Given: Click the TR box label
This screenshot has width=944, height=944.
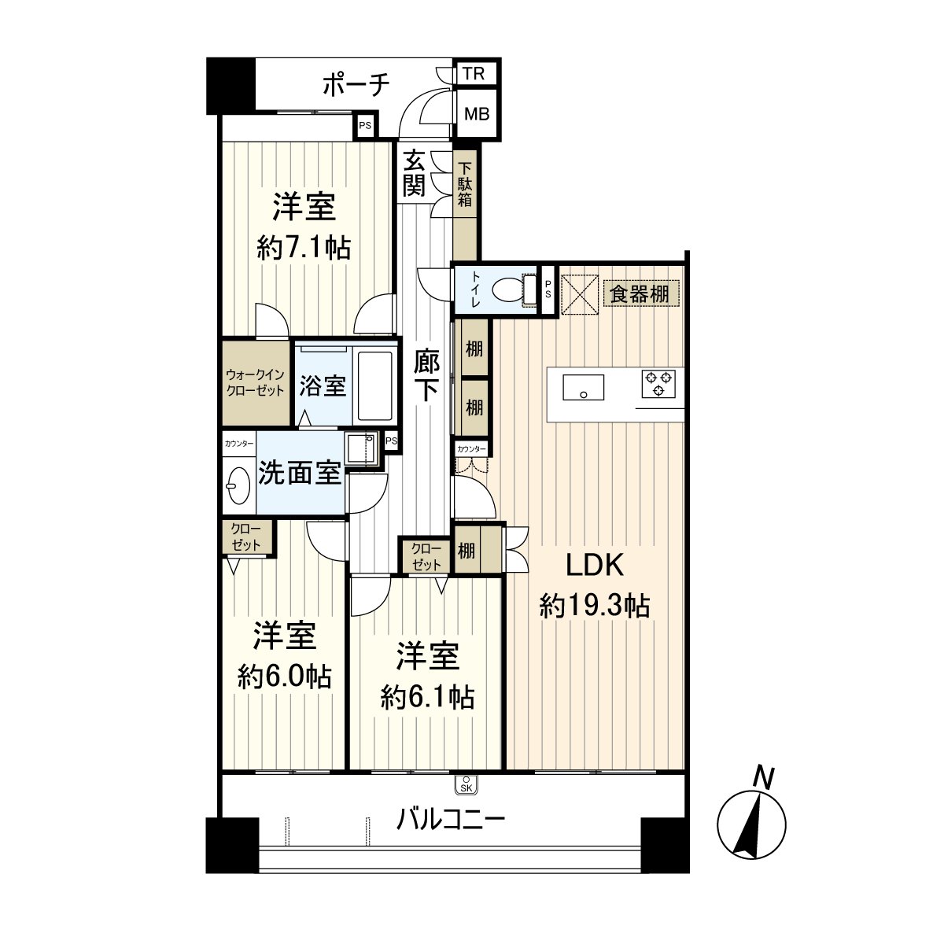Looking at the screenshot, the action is point(474,73).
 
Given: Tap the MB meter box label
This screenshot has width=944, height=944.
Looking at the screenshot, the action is point(477,114).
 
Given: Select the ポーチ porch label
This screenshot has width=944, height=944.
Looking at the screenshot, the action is point(356,85).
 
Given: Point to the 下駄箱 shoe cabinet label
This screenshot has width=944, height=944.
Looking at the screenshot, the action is point(465,184).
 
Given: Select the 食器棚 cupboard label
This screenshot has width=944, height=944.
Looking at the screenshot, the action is point(640,294).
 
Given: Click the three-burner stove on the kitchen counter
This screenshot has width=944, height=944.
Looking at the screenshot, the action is point(658,384).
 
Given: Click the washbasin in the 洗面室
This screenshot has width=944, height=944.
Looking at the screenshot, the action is point(238,486).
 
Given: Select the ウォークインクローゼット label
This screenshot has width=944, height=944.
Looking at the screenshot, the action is point(255,382).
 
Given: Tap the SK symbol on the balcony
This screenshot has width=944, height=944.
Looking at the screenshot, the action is point(466,785).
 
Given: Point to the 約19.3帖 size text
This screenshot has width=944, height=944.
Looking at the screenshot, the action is point(595,606).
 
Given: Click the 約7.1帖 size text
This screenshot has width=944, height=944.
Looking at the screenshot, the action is point(304,247).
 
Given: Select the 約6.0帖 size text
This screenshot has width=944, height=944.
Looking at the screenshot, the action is point(285,677).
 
